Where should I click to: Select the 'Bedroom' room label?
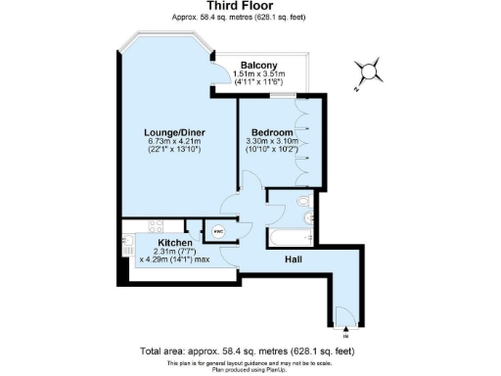[x=271, y=132]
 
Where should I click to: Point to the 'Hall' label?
[x=292, y=260]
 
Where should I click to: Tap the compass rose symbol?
[x=368, y=71]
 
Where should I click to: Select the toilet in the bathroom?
[x=303, y=203]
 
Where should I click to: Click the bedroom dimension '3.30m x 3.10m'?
[x=272, y=142]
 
